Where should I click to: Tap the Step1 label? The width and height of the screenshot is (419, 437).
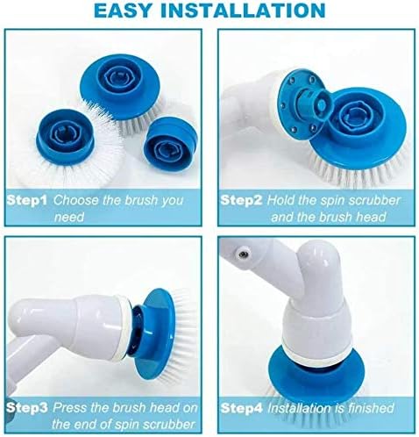(29, 200)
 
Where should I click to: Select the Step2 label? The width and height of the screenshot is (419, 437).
(242, 200)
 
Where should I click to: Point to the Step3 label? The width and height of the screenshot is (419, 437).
(29, 408)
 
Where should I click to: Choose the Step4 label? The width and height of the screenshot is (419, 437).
(242, 408)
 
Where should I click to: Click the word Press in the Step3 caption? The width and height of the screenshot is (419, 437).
(74, 408)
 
